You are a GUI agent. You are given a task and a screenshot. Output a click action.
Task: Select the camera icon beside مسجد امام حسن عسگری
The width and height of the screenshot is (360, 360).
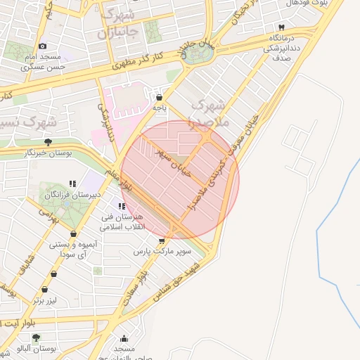point(42,46)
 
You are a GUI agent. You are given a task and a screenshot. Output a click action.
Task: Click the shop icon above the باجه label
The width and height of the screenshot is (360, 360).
point(160,98)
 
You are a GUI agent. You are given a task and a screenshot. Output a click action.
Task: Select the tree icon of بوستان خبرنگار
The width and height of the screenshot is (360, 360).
point(48,142)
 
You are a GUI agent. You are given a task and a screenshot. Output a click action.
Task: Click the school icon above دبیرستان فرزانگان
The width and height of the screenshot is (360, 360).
point(72,184)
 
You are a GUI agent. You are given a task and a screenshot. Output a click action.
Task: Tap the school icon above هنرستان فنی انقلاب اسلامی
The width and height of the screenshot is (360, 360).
point(122,206)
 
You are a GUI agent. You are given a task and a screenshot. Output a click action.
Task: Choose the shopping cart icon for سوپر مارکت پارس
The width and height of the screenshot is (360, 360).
point(162,240)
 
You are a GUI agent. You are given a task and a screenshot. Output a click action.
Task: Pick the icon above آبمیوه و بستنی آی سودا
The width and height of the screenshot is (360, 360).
point(72,234)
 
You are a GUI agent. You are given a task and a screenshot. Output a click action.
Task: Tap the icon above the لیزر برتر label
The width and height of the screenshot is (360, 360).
point(45,289)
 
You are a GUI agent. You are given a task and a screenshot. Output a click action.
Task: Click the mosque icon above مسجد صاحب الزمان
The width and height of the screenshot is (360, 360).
point(124,338)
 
